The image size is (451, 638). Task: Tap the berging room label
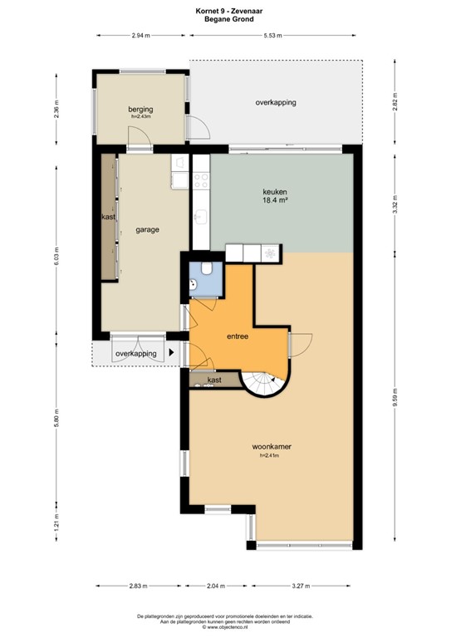(x=140, y=110)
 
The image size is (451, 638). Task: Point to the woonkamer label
(x=272, y=447)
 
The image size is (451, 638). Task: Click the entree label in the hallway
(x=238, y=336)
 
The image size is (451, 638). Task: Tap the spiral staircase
(x=265, y=384)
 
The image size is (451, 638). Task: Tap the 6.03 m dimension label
(x=56, y=254)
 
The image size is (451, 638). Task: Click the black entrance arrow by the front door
(x=172, y=353)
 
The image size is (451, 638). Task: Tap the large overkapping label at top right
(x=276, y=102)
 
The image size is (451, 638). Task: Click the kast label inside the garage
(x=107, y=218)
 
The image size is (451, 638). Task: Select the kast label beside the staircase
(x=213, y=380)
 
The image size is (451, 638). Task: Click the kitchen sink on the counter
(x=199, y=218)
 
